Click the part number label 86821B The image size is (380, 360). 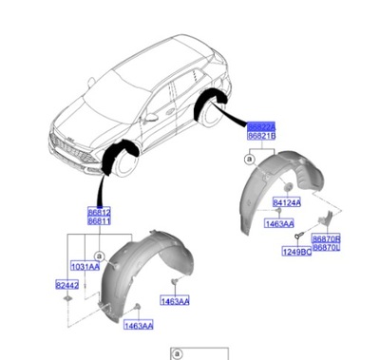click(x=261, y=138)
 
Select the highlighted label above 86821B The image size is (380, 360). click(x=261, y=126)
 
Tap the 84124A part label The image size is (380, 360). click(x=287, y=202)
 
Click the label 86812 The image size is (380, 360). click(x=100, y=212)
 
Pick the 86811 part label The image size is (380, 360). click(x=100, y=221)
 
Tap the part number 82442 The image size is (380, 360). click(x=67, y=284)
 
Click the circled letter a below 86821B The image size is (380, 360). click(x=249, y=161)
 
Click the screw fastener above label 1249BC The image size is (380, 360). click(x=297, y=236)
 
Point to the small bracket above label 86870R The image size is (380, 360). click(x=327, y=218)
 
